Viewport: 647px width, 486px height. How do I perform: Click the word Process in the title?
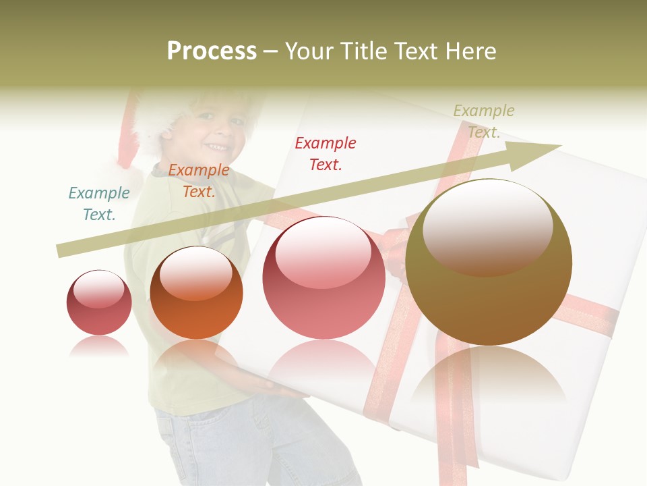[x=212, y=51]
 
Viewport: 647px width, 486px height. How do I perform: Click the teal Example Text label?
[x=99, y=204]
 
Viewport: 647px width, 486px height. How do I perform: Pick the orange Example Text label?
[x=198, y=181]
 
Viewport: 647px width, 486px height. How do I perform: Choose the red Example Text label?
[x=326, y=153]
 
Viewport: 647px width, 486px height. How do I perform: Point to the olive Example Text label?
[x=484, y=121]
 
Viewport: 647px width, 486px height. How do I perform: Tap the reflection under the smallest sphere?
[x=99, y=346]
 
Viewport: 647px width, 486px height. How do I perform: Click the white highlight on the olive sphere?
[x=488, y=226]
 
